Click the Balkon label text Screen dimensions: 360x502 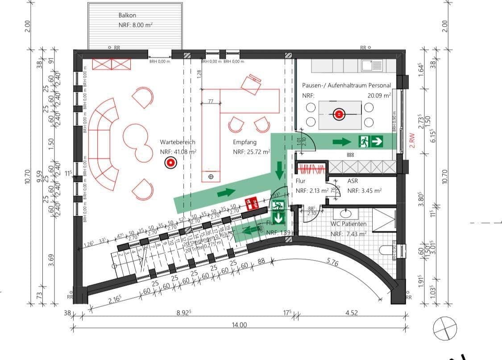(x=127, y=15)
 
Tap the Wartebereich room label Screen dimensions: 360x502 (x=178, y=142)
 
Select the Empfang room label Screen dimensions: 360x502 (x=245, y=142)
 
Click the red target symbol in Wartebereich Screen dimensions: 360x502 (x=170, y=163)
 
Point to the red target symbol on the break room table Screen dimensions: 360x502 (x=339, y=114)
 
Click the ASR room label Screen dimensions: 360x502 (x=353, y=181)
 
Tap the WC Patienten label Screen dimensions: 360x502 (x=348, y=224)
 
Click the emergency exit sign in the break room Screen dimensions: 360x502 (x=370, y=142)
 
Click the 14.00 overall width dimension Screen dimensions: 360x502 (x=239, y=325)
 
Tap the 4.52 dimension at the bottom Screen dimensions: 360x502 (x=352, y=313)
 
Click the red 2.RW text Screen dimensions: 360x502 (x=412, y=140)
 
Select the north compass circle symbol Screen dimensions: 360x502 (x=445, y=328)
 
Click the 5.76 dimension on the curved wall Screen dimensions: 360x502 (x=332, y=263)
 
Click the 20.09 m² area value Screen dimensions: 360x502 (x=379, y=95)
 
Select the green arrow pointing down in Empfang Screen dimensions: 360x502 (x=279, y=169)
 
